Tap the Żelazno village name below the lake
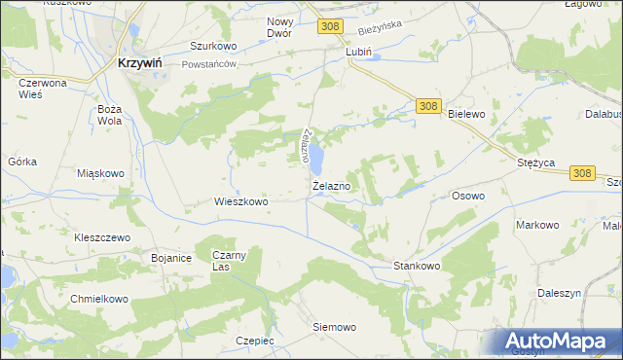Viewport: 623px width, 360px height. tap(332, 185)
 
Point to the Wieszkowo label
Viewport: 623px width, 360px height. tap(240, 202)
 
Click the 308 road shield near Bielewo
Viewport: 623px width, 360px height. tap(428, 104)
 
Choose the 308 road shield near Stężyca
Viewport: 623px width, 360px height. tap(581, 172)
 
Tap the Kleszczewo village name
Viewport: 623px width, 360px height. tap(102, 237)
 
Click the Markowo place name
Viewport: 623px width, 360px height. tap(537, 225)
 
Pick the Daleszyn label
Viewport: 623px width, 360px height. tap(559, 293)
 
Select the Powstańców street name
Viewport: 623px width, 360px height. tap(210, 64)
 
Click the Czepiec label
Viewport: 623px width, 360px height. tap(255, 341)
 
